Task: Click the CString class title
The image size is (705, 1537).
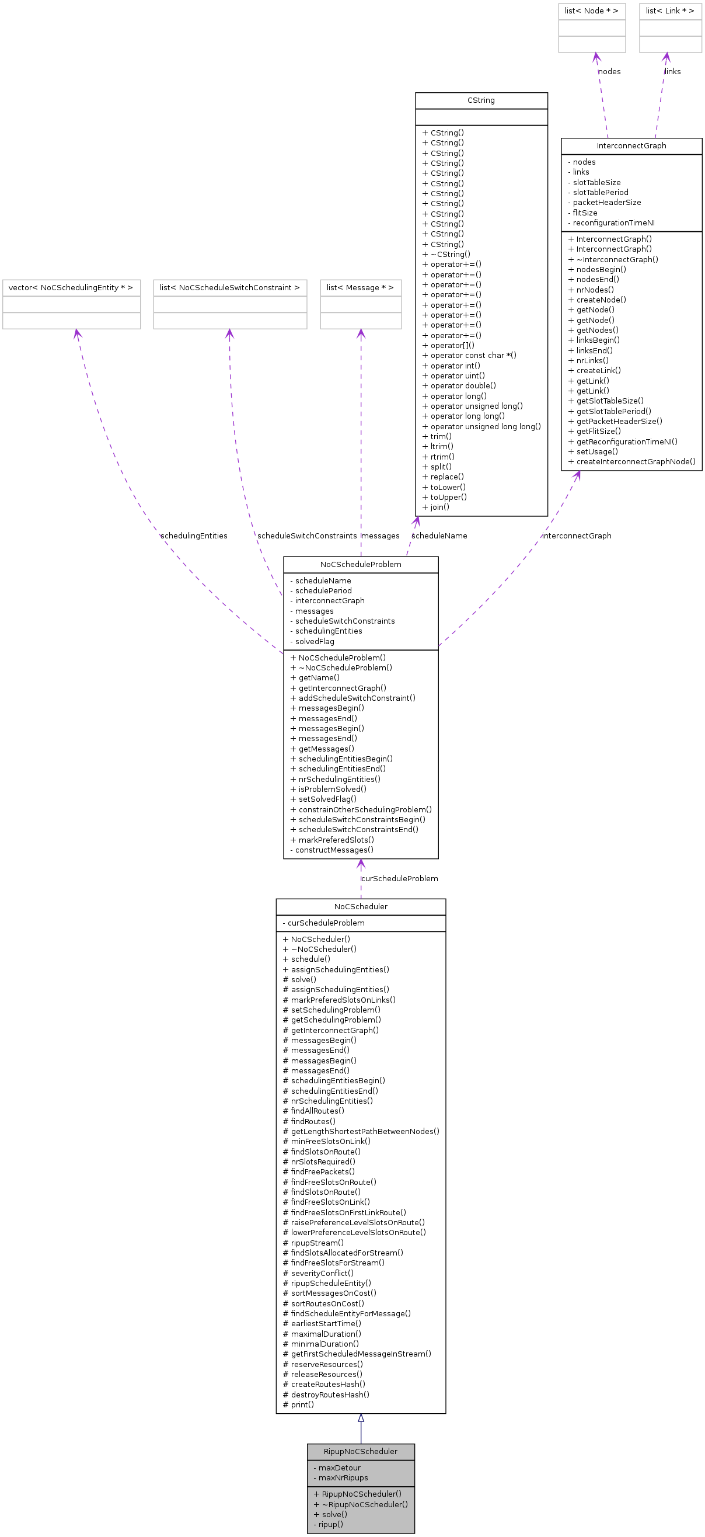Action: (x=481, y=100)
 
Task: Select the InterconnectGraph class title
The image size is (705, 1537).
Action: (x=631, y=145)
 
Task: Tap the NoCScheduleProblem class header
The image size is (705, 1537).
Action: (x=360, y=564)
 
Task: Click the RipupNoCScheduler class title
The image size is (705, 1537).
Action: (x=360, y=1451)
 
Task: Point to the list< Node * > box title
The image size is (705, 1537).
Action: (x=591, y=11)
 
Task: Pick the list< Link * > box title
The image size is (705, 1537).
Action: (x=670, y=11)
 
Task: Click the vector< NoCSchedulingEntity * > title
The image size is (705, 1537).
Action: (x=71, y=287)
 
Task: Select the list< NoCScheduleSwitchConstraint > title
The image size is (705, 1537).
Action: (x=229, y=287)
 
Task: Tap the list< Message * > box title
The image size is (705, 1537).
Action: (x=360, y=287)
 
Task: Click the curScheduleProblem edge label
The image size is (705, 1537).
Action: (x=400, y=878)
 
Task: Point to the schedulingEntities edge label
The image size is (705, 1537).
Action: (x=194, y=536)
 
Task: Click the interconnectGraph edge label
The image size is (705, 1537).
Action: (x=576, y=536)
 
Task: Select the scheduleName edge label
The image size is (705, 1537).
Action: (x=439, y=536)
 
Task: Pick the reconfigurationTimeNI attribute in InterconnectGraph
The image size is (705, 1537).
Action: (x=613, y=222)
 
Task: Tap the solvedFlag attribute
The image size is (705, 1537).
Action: (x=315, y=641)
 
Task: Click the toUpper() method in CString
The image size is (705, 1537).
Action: (x=448, y=497)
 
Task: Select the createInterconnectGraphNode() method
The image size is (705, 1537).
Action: (x=635, y=461)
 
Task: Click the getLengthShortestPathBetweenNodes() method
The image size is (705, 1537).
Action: (x=364, y=1131)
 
